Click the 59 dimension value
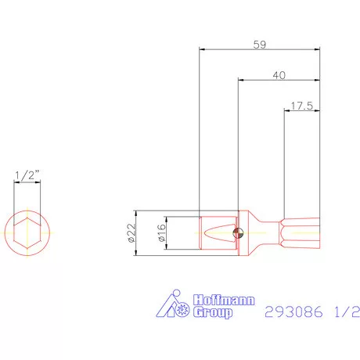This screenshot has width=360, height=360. (x=260, y=45)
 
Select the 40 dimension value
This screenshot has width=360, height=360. (x=279, y=75)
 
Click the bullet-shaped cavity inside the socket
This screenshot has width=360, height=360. (x=214, y=232)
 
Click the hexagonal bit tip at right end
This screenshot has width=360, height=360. (x=301, y=232)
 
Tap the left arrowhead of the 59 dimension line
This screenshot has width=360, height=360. (x=203, y=50)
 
